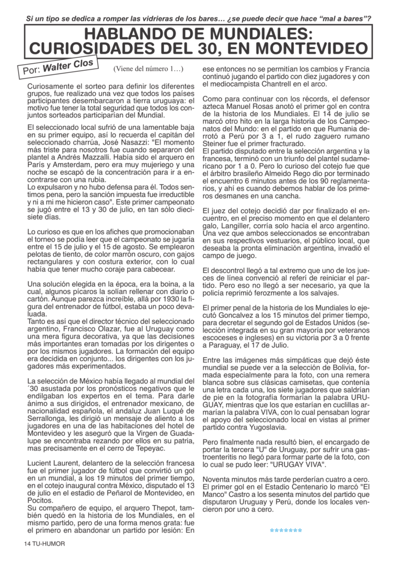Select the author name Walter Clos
click(69, 66)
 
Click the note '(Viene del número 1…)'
click(148, 70)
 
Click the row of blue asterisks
click(286, 530)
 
